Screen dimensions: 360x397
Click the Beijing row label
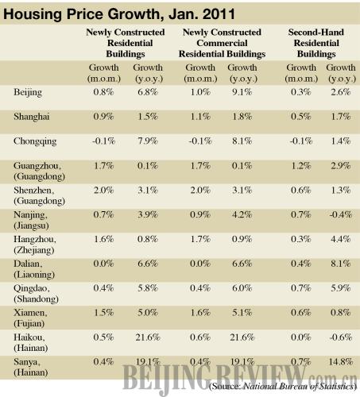pos(28,93)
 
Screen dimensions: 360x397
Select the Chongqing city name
pos(35,141)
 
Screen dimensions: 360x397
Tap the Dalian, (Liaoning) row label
pos(34,269)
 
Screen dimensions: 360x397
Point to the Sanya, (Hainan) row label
pos(31,367)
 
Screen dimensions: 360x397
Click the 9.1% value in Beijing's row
pos(242,92)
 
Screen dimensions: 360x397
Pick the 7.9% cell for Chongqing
pos(148,141)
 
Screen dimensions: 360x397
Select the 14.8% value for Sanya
pos(341,361)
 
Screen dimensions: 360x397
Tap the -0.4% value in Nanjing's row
pos(341,214)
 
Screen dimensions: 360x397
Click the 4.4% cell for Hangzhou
pos(341,239)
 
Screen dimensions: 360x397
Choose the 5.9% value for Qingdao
pos(341,288)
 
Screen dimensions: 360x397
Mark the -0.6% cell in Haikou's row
pos(341,337)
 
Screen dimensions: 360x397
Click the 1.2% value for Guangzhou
pos(301,166)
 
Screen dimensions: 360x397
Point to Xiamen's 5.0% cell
pos(148,313)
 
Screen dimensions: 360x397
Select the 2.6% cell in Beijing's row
pos(341,92)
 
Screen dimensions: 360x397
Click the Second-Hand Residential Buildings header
pos(316,43)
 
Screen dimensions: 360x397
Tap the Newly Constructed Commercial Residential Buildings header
pos(222,43)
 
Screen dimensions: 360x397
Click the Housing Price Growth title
pos(119,14)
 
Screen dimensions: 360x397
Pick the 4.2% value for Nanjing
pos(242,214)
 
